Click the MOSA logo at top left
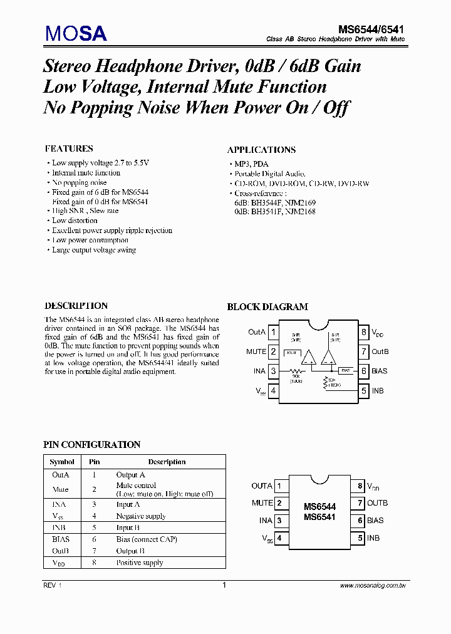point(75,33)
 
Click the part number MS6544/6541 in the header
point(371,29)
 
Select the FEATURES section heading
point(69,148)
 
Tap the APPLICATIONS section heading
point(261,150)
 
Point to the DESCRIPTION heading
point(76,306)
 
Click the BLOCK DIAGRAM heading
point(267,306)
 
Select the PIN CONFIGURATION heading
point(91,444)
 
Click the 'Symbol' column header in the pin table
point(62,462)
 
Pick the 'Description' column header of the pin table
point(167,462)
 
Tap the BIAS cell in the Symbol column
point(61,539)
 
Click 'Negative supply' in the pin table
point(141,516)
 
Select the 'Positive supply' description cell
point(139,563)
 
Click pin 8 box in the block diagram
point(363,332)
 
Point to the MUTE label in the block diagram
point(256,351)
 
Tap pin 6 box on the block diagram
point(363,371)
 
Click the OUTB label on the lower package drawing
point(377,502)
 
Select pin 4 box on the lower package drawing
point(279,538)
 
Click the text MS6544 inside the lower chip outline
point(319,507)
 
